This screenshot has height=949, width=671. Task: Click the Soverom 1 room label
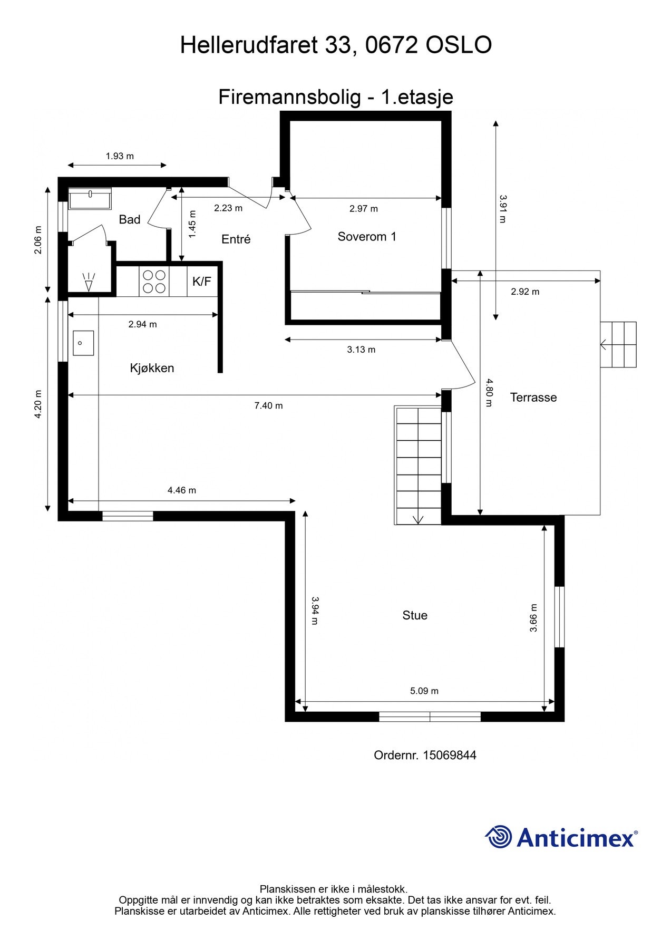pyautogui.click(x=367, y=237)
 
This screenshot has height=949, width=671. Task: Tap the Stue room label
pyautogui.click(x=415, y=615)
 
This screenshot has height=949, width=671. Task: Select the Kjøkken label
pyautogui.click(x=152, y=368)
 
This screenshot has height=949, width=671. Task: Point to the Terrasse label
pyautogui.click(x=533, y=398)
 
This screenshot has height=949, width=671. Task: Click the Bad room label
pyautogui.click(x=129, y=219)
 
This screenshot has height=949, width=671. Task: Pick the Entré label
pyautogui.click(x=236, y=239)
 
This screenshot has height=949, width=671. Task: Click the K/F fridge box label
pyautogui.click(x=201, y=282)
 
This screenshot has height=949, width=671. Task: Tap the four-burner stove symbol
pyautogui.click(x=154, y=282)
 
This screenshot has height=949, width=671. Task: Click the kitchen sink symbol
pyautogui.click(x=83, y=343)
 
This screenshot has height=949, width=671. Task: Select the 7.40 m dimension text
pyautogui.click(x=268, y=405)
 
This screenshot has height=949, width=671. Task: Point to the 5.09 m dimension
pyautogui.click(x=424, y=691)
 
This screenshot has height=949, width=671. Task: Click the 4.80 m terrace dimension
pyautogui.click(x=489, y=393)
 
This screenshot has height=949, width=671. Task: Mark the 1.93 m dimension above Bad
pyautogui.click(x=120, y=156)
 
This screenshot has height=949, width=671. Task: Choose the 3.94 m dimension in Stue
pyautogui.click(x=314, y=611)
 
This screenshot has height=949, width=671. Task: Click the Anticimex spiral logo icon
pyautogui.click(x=498, y=837)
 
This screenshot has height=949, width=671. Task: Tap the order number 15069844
pyautogui.click(x=449, y=755)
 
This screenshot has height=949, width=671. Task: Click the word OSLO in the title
pyautogui.click(x=458, y=45)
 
